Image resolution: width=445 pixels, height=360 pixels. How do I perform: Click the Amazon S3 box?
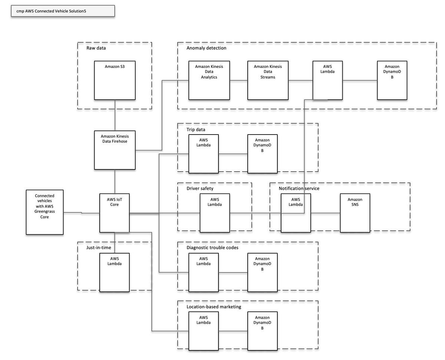click(x=115, y=80)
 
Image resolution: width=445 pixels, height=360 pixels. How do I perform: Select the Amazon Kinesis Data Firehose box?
click(x=115, y=150)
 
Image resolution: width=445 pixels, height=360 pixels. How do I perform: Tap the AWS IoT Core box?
click(x=115, y=213)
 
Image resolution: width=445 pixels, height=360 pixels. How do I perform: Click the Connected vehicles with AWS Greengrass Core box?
click(x=44, y=212)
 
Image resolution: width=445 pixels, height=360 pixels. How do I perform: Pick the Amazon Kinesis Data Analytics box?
click(x=209, y=80)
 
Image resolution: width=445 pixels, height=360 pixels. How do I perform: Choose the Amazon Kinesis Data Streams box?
click(x=268, y=80)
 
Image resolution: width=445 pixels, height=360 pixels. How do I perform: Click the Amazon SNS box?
click(x=355, y=213)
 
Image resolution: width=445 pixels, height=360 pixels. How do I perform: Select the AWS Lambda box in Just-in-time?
click(x=115, y=272)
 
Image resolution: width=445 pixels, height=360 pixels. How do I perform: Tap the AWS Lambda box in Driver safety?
click(x=215, y=213)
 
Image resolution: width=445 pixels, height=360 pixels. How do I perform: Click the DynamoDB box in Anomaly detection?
click(x=392, y=80)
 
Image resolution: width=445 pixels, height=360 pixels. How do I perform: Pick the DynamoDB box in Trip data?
click(x=262, y=153)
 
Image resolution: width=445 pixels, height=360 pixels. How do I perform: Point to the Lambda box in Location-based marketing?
click(x=203, y=331)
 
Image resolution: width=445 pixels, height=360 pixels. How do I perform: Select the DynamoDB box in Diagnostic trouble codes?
click(x=262, y=272)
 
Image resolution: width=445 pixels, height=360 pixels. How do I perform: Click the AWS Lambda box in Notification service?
click(x=296, y=213)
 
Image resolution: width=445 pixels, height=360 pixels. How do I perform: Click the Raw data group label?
click(x=96, y=48)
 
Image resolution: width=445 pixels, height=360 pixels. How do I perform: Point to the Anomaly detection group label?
click(x=206, y=48)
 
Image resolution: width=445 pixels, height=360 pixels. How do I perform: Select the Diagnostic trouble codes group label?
click(x=212, y=248)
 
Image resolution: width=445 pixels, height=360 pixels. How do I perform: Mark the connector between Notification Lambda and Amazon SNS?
click(x=325, y=213)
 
